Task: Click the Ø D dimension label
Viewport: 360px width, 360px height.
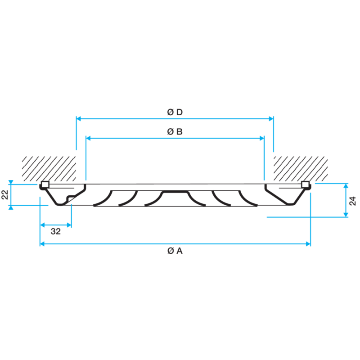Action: click(175, 112)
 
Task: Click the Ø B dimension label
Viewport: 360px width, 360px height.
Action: click(175, 132)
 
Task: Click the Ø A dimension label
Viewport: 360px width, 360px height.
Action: click(175, 251)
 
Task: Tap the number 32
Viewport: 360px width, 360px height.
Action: click(56, 231)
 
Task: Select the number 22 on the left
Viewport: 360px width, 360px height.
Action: click(5, 195)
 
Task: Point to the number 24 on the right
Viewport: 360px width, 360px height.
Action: click(352, 201)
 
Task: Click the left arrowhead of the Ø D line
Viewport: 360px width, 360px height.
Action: click(78, 119)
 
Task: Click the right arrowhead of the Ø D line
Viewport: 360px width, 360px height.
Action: click(271, 119)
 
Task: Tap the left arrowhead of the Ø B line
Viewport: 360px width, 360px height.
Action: click(88, 138)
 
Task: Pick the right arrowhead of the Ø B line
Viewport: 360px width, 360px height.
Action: click(262, 138)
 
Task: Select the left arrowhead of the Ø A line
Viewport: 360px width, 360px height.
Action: click(42, 244)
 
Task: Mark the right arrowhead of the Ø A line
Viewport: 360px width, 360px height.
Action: click(308, 244)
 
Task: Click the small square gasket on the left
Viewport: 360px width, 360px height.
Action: click(45, 184)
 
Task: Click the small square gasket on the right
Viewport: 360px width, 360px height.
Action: click(306, 184)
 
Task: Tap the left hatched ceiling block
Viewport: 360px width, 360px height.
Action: click(49, 169)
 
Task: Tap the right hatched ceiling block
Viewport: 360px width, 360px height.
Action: click(301, 169)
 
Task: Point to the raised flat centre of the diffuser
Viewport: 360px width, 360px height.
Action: click(175, 192)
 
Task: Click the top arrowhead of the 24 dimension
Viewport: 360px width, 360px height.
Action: click(346, 186)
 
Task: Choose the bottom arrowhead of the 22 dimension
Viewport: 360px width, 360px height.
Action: click(11, 207)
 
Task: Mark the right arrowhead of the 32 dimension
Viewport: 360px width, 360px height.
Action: click(69, 225)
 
